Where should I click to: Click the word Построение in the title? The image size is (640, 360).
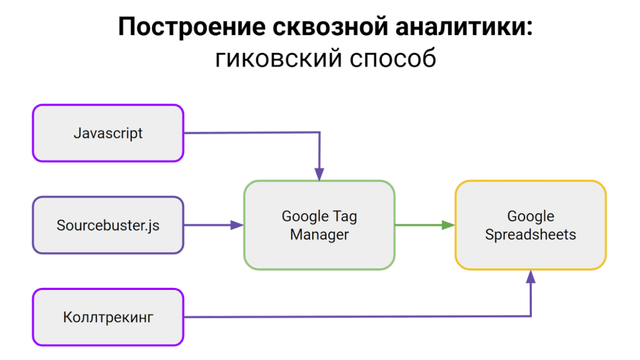(x=191, y=27)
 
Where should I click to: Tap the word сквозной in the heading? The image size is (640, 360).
(x=330, y=27)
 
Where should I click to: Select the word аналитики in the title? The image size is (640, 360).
(x=459, y=27)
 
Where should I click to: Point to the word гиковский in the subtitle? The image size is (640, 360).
(x=278, y=58)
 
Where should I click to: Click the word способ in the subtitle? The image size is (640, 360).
(x=393, y=58)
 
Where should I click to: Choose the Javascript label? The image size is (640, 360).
(x=108, y=133)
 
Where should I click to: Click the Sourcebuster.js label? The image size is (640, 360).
(x=108, y=225)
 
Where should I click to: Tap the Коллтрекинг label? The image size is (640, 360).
(x=108, y=317)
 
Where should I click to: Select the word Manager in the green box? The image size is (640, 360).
(x=319, y=235)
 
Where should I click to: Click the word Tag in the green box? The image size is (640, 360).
(x=345, y=217)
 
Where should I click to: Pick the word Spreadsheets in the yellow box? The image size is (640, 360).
(x=530, y=235)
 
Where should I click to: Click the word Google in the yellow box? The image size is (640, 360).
(x=530, y=216)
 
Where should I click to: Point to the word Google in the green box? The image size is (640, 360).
(x=305, y=216)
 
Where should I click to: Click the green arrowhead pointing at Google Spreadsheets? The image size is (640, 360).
(x=448, y=225)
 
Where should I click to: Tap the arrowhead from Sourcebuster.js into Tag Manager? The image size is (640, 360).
(x=237, y=225)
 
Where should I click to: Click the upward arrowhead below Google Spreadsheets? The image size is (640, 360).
(x=530, y=276)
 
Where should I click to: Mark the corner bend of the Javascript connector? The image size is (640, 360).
(x=319, y=132)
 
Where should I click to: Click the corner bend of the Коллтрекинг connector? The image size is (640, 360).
(x=530, y=316)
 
